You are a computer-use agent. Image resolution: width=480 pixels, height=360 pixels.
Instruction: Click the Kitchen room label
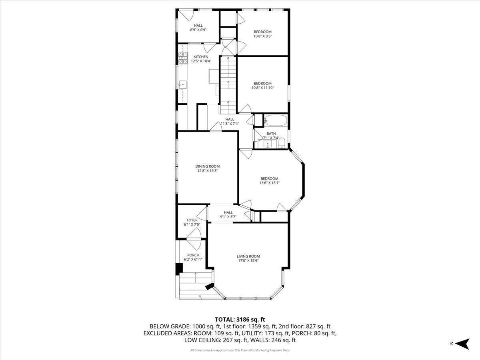tap(201, 57)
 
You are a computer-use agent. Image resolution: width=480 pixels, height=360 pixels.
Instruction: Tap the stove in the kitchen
tap(183, 58)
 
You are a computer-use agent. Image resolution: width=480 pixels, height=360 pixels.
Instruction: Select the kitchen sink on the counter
tap(182, 84)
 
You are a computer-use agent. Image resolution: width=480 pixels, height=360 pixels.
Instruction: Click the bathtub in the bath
tap(276, 120)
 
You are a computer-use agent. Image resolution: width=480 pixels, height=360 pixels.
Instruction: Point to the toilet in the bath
tap(282, 143)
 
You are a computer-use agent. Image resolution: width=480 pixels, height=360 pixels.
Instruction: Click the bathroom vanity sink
tap(268, 144)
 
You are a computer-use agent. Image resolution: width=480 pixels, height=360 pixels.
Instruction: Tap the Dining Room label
tap(208, 166)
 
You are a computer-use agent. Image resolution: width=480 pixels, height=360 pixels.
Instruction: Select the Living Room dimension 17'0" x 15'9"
tap(248, 260)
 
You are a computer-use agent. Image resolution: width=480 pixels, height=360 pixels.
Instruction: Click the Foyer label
tap(192, 220)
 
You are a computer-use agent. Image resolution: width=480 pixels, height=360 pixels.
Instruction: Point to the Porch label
tap(193, 255)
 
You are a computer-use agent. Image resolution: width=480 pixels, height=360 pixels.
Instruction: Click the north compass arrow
tap(462, 344)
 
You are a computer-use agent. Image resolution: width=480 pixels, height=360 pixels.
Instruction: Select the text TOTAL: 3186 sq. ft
tap(240, 320)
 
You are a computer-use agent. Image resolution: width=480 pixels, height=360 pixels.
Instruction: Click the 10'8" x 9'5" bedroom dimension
tap(263, 36)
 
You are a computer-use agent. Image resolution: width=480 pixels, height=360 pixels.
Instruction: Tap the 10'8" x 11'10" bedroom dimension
tap(263, 88)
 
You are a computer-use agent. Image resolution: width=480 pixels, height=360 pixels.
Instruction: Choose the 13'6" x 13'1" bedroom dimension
tap(270, 183)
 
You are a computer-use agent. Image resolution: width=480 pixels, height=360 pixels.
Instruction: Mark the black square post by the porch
tap(179, 269)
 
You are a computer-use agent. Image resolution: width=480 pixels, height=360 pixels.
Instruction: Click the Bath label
tap(271, 134)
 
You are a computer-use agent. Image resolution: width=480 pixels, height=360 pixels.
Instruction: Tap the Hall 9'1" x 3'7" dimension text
tap(228, 217)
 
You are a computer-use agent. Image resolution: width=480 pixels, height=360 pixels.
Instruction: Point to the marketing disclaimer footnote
tap(240, 350)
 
